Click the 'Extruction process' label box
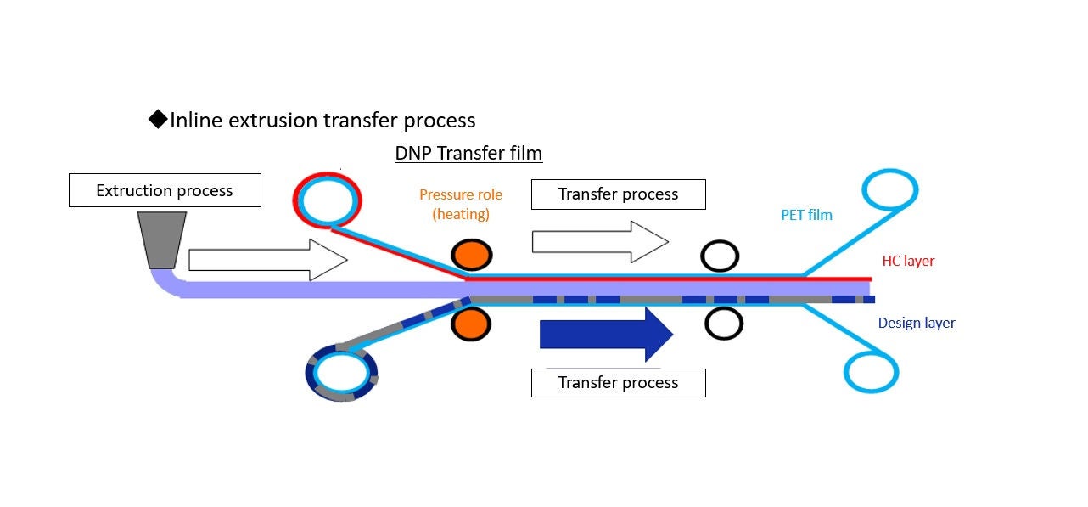[165, 190]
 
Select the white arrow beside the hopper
[267, 260]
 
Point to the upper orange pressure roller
[471, 255]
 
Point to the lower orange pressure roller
[471, 323]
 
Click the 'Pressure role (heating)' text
[461, 204]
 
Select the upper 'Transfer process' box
[618, 194]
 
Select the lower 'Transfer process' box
[618, 382]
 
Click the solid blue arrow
[606, 334]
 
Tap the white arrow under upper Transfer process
[599, 242]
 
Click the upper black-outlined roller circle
[720, 255]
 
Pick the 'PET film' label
[806, 215]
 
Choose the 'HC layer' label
[907, 261]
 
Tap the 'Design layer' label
[916, 323]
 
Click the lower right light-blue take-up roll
[871, 371]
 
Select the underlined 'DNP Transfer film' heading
[468, 154]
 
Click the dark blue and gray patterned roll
[341, 373]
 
